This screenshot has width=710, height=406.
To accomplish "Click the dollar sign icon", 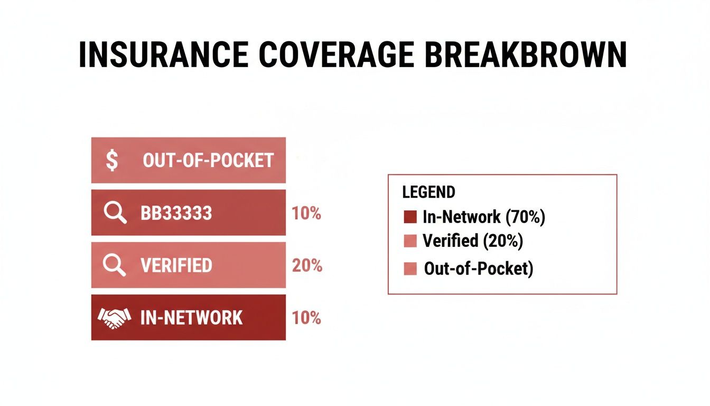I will [112, 160].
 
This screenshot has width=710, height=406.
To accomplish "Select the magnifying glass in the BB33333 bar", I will [115, 213].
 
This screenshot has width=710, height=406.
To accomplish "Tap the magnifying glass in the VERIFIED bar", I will [115, 265].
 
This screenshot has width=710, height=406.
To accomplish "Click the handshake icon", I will [114, 318].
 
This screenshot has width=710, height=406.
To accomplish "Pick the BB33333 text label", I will [176, 213].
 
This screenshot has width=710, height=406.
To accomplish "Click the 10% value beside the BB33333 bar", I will [306, 214].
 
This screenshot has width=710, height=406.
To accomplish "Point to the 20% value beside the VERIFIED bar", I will [307, 265].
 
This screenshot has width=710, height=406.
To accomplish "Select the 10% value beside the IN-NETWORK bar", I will [306, 318].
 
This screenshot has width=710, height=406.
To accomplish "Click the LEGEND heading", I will [428, 192].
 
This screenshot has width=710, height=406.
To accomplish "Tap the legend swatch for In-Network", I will [410, 217].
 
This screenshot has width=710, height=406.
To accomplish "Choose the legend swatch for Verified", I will [410, 242].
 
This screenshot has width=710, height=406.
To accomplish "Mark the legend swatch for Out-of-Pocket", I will [410, 269].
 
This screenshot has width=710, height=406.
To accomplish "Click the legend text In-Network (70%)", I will [484, 217].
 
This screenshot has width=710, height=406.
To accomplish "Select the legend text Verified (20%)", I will [473, 241].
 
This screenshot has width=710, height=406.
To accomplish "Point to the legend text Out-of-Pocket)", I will [479, 269].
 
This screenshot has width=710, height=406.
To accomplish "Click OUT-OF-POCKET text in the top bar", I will [208, 160].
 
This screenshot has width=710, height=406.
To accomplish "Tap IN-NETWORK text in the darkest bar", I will [191, 318].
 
